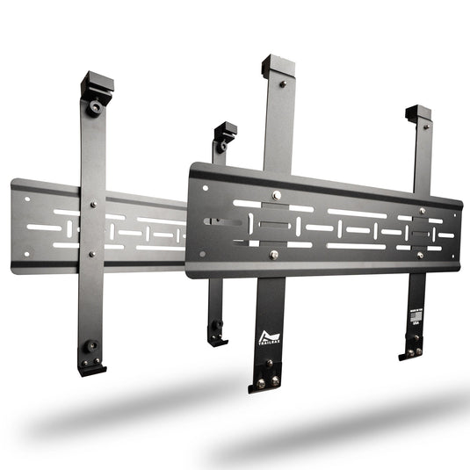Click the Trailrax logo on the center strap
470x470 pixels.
(x=268, y=336)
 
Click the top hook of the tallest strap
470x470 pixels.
(x=277, y=67)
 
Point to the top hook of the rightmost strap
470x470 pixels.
(x=418, y=115)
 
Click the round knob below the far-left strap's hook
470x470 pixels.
(x=93, y=107)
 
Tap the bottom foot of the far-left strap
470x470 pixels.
(x=91, y=360)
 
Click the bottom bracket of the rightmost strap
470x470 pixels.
(x=412, y=351)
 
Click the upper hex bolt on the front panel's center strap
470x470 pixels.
(x=276, y=195)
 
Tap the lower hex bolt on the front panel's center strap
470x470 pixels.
(x=274, y=255)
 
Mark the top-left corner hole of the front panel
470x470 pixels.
(x=206, y=187)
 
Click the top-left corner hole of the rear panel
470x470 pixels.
(x=26, y=199)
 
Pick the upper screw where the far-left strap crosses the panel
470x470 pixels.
(x=93, y=205)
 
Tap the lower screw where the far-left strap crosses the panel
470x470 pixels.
(x=92, y=254)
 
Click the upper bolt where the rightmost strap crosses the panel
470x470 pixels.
(x=423, y=211)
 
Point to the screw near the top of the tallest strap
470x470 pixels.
(x=282, y=84)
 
